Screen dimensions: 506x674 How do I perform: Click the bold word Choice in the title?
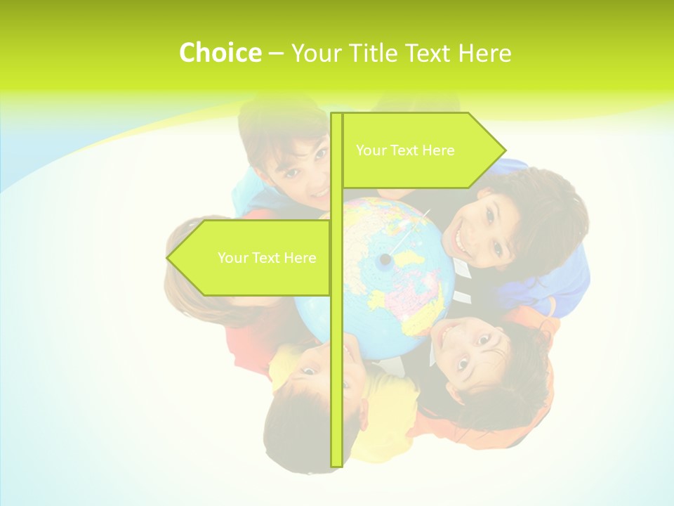coord(220,53)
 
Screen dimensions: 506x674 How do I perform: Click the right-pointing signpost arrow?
coord(421,150)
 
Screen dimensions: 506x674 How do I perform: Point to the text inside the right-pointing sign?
coord(405,150)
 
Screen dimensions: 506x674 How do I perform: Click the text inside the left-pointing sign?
coord(267,258)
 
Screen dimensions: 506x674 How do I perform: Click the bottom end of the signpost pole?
coord(336,464)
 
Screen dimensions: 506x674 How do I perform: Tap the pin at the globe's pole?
coord(385,259)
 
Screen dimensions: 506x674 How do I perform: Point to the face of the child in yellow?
coord(316,365)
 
